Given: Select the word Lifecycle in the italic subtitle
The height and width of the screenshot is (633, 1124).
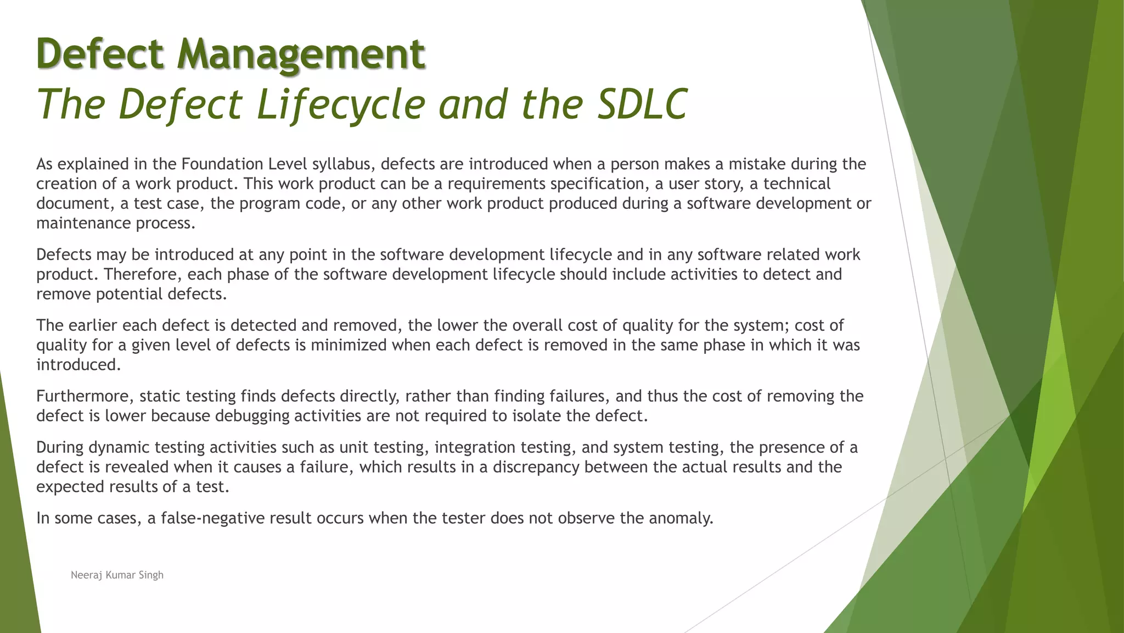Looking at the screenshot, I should [x=341, y=104].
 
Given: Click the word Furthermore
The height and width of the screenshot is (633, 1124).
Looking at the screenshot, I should [x=85, y=396].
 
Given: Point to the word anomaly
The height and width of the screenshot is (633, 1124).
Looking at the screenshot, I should [x=681, y=518].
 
